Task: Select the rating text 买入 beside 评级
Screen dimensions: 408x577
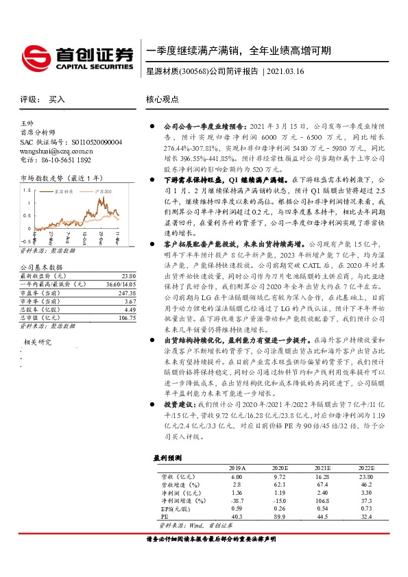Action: [x=57, y=99]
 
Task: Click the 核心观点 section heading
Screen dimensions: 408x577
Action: [x=163, y=99]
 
